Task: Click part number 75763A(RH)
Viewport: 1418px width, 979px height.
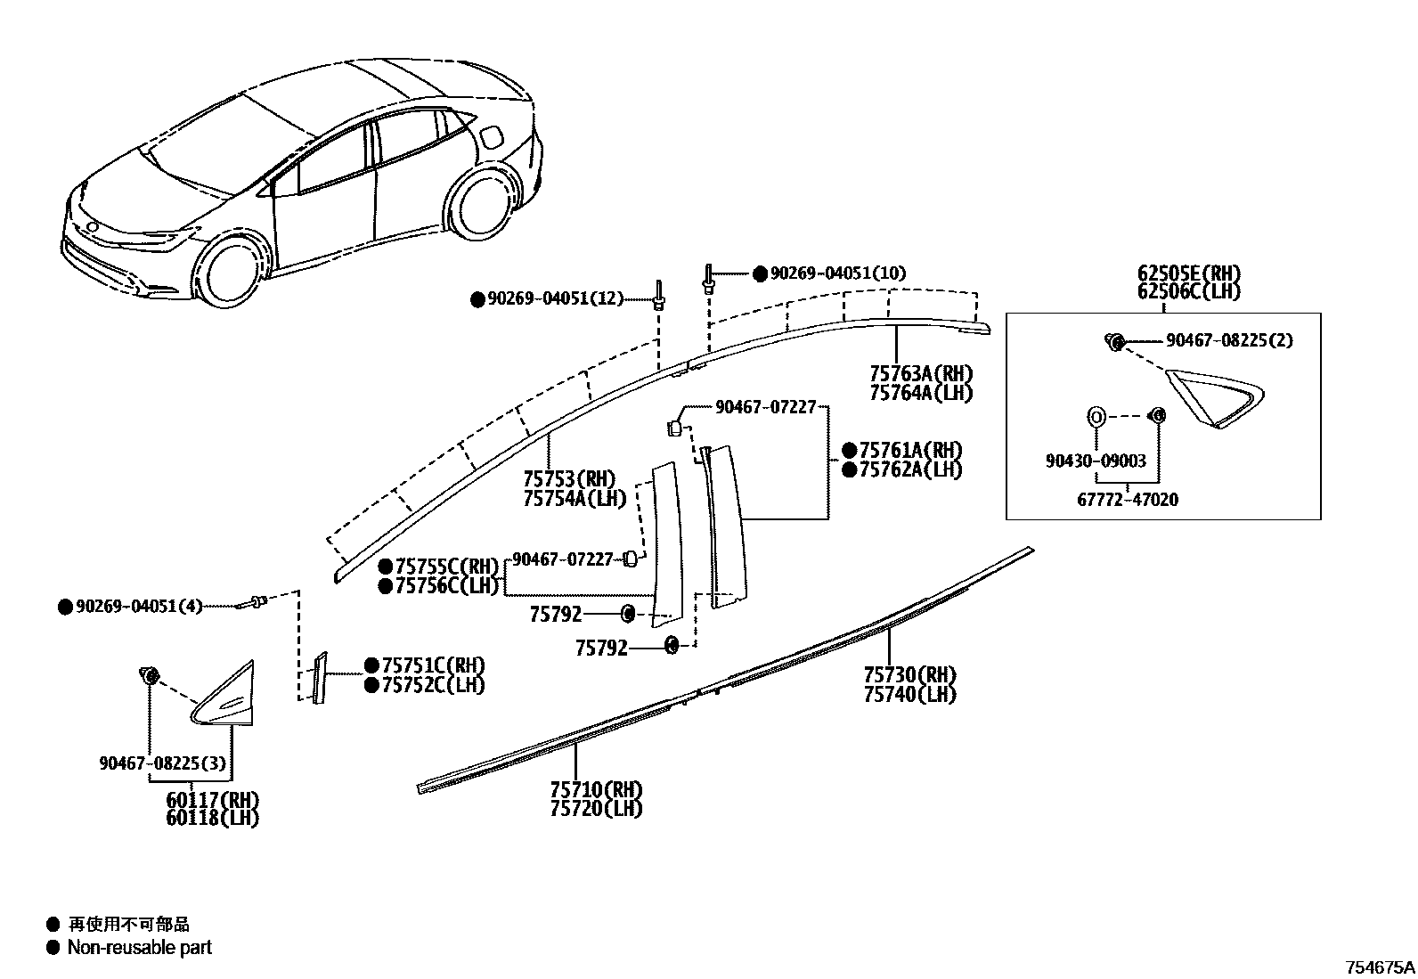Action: pos(920,373)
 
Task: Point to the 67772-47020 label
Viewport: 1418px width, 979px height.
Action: pos(1127,500)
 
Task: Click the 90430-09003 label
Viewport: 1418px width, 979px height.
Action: pos(1096,461)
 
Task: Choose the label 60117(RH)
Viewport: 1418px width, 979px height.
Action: pos(212,799)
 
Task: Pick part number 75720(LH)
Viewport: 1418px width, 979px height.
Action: pos(596,809)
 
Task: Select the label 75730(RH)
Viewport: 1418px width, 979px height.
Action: pos(909,674)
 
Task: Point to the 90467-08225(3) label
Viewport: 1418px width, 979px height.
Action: pos(161,763)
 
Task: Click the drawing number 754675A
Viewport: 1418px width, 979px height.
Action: pos(1379,967)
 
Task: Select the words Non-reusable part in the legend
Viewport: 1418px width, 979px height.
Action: pos(140,947)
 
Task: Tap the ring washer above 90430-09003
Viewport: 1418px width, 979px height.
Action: pos(1096,416)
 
